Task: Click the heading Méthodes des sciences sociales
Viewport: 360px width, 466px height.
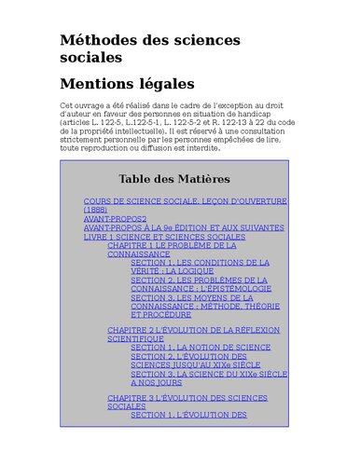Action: [x=149, y=48]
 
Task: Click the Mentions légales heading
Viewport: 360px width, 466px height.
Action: [x=127, y=84]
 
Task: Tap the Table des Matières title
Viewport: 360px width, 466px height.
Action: [x=173, y=179]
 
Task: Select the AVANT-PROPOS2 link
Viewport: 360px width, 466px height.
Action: [x=115, y=219]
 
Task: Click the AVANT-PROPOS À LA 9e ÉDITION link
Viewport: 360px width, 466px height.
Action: [x=184, y=227]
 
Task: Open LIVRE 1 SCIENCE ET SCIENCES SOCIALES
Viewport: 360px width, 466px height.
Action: [x=164, y=237]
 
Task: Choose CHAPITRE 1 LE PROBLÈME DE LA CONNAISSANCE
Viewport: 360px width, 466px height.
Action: [x=177, y=245]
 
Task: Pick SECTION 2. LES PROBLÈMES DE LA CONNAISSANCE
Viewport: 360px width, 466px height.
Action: [x=199, y=280]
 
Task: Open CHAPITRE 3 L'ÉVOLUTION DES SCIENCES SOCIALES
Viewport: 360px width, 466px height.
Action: [x=187, y=398]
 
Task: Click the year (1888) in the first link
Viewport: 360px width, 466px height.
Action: [x=96, y=210]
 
